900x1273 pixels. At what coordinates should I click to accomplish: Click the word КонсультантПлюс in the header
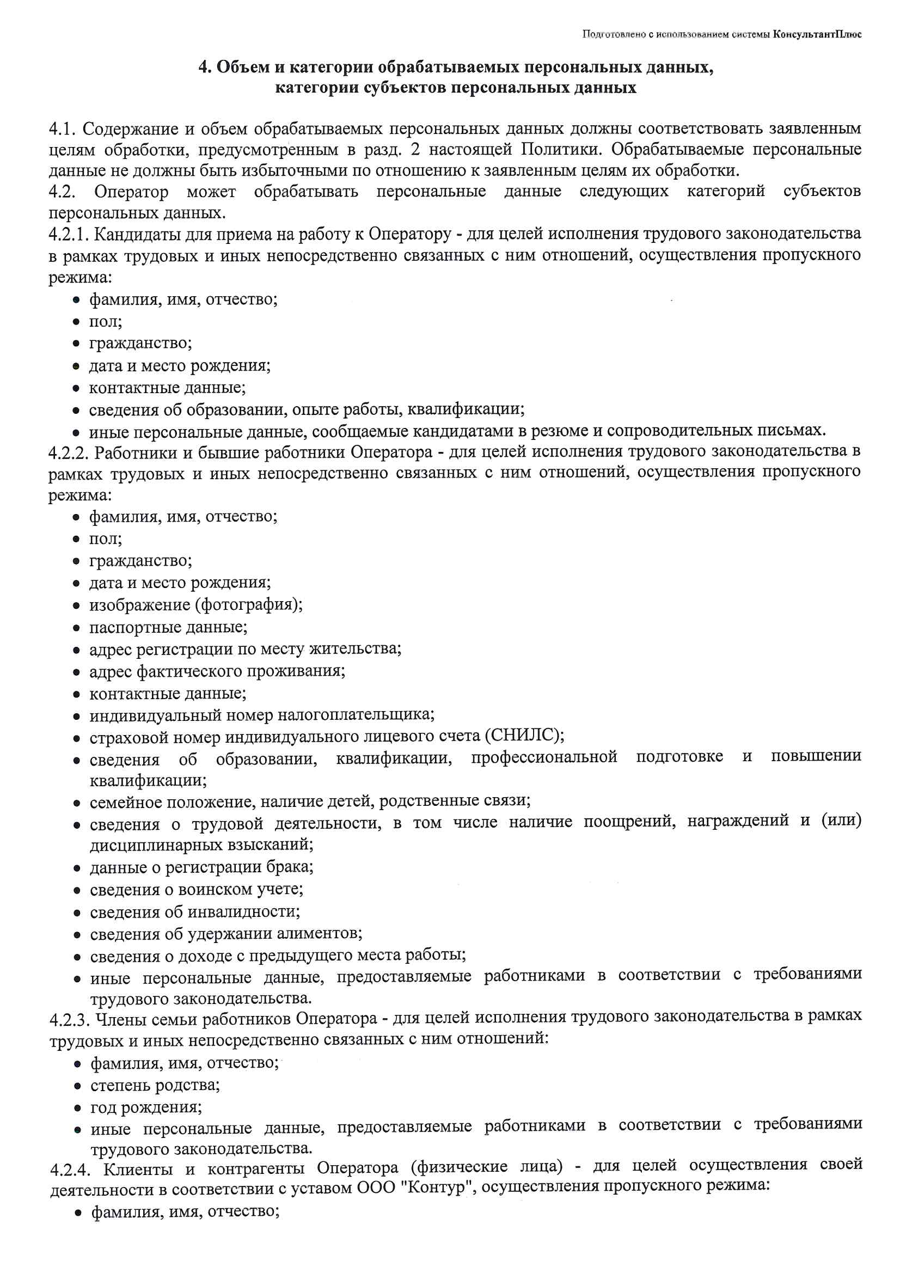[x=817, y=34]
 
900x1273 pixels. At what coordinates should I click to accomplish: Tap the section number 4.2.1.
[x=69, y=235]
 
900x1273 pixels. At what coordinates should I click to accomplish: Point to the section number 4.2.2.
[x=69, y=452]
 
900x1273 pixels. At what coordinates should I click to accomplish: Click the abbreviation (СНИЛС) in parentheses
[x=524, y=735]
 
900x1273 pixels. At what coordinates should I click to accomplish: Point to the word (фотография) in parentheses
[x=248, y=604]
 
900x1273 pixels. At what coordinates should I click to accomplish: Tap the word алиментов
[x=320, y=933]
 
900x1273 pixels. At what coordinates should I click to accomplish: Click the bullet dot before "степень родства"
[x=79, y=1086]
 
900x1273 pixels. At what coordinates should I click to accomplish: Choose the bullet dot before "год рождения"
[x=79, y=1109]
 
